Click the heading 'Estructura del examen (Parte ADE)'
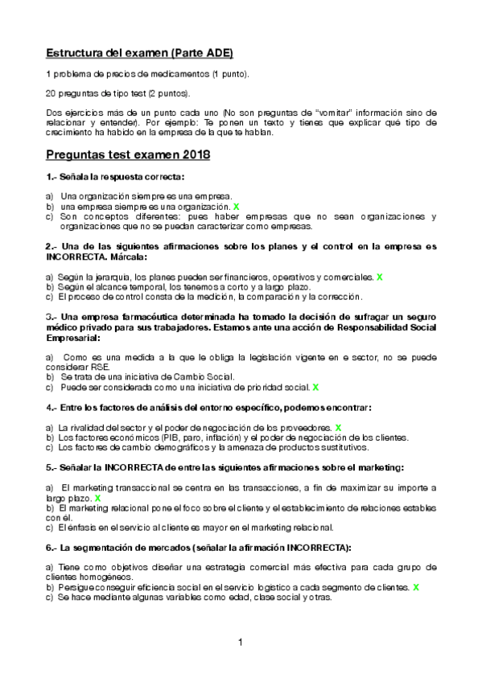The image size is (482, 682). point(138,54)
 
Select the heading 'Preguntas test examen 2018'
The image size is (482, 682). point(128,154)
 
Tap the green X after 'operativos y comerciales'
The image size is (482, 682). point(379,277)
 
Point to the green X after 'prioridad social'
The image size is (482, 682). point(316,387)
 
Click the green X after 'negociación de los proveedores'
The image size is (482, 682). point(339,427)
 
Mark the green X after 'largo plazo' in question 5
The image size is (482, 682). point(97,499)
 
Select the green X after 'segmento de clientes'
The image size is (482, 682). point(415,588)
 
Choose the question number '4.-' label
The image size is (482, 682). point(51,408)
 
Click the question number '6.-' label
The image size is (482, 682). point(51,548)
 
